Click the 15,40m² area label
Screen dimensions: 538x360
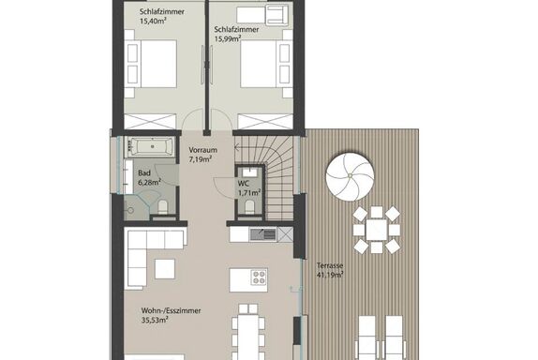[153, 21]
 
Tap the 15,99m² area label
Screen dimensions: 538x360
[228, 38]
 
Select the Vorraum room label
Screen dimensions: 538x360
[202, 150]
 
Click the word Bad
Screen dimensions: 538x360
[144, 173]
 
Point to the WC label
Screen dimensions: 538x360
[244, 184]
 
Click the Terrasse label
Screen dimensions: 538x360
[330, 265]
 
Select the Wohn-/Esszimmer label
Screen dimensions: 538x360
[171, 310]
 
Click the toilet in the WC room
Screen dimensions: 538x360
[249, 206]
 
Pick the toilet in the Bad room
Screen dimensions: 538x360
[163, 207]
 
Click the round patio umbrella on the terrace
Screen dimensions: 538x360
[350, 175]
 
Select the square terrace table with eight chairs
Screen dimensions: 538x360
[377, 230]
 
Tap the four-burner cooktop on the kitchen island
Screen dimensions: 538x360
[259, 277]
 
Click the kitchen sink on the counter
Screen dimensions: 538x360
[262, 234]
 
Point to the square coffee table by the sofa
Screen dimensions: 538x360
[165, 269]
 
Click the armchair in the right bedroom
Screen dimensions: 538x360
[277, 15]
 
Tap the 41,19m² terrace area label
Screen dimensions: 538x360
[330, 275]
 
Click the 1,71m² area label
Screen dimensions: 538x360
[249, 193]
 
